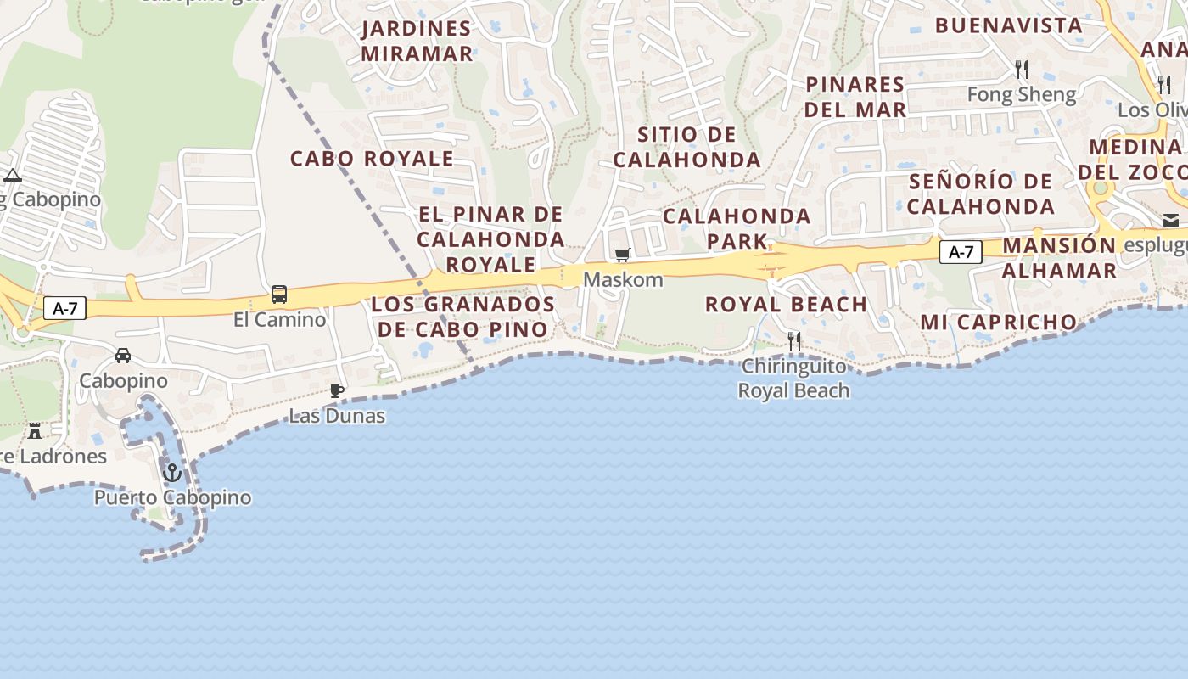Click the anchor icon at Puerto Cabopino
[x=172, y=472]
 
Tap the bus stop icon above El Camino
[x=279, y=295]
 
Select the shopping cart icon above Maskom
[x=623, y=255]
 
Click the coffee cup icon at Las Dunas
[x=337, y=391]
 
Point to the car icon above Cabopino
[x=123, y=356]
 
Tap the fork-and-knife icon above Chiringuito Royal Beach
[x=794, y=341]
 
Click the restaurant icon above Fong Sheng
[x=1022, y=69]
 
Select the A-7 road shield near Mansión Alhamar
[x=961, y=252]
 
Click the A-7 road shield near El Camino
[x=65, y=309]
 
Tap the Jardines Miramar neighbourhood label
[x=417, y=41]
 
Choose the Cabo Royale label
[x=372, y=159]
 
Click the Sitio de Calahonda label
[x=687, y=147]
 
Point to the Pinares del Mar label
[x=855, y=97]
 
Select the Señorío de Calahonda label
[x=981, y=194]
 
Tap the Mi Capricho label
[x=999, y=323]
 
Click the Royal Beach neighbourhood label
[x=786, y=304]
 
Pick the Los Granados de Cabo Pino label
[x=463, y=317]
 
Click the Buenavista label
[x=1009, y=25]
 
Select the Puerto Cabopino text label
[x=172, y=497]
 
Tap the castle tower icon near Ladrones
[x=35, y=430]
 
